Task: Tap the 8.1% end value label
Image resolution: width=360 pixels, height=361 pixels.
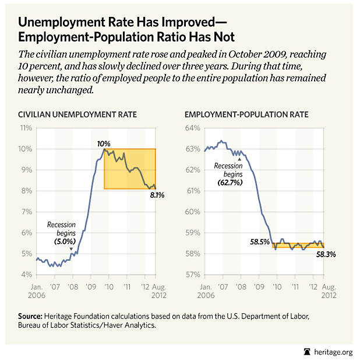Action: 157,195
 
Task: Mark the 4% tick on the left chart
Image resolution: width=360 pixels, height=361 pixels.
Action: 27,275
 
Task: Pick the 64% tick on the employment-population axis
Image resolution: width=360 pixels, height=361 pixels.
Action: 193,128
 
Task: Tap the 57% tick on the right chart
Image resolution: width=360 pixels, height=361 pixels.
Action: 193,275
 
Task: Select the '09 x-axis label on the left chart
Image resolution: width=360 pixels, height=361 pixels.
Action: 90,288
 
